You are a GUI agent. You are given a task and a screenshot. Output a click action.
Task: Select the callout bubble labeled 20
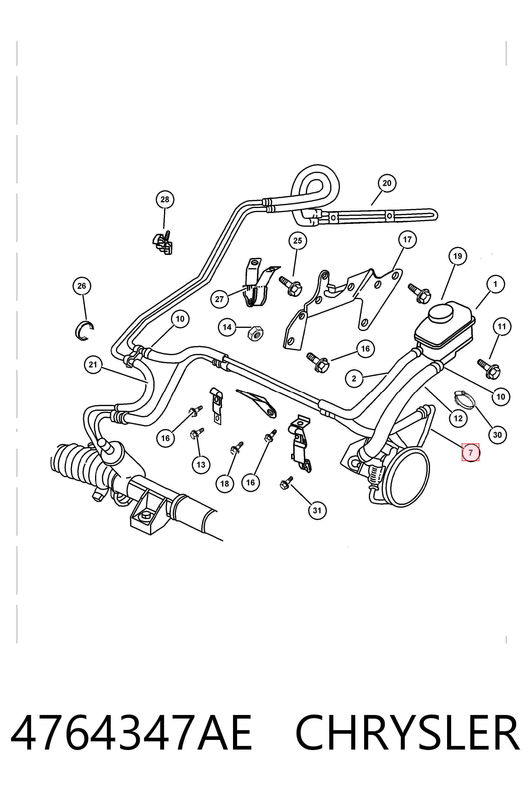[387, 183]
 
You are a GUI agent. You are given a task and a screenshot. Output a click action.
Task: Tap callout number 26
[82, 286]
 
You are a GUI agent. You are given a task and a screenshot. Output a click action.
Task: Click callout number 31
[317, 510]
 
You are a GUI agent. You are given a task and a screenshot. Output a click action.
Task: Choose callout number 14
[227, 327]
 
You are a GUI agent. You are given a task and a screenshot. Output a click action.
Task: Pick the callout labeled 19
[458, 256]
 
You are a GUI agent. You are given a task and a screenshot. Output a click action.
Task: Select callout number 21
[93, 365]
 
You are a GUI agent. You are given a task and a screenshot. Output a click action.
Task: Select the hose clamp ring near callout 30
[464, 399]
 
